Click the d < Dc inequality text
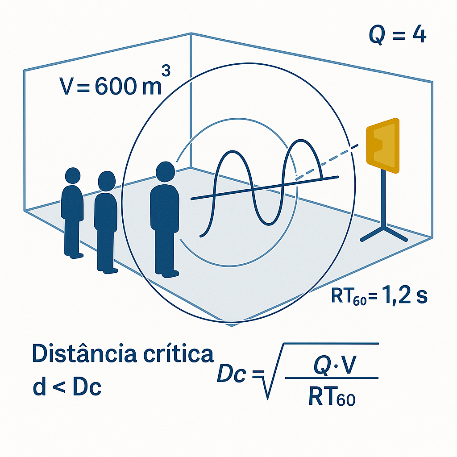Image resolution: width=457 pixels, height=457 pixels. [67, 388]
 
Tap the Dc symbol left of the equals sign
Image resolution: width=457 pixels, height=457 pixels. [232, 375]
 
